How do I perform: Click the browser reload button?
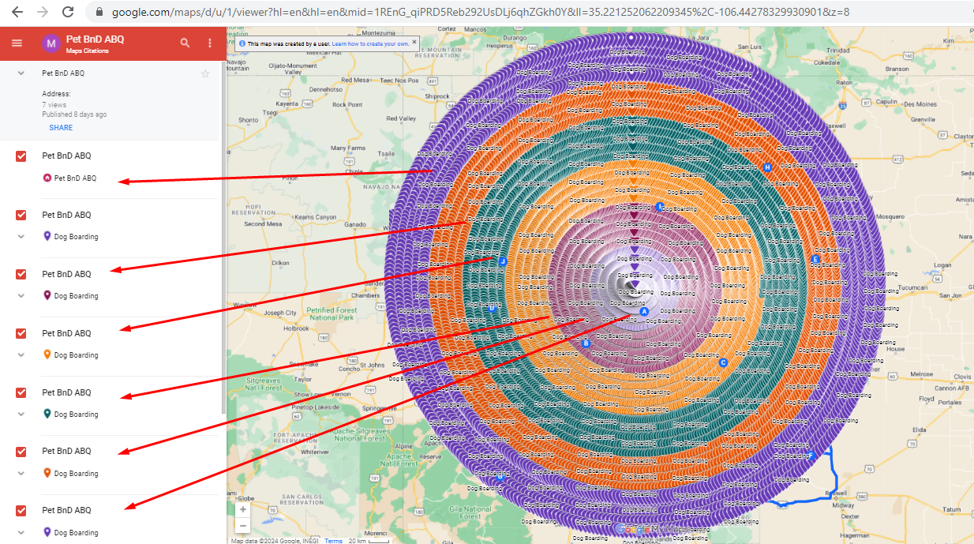point(68,12)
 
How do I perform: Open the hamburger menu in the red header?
point(17,43)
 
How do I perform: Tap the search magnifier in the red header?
point(185,43)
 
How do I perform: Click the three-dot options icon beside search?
point(210,43)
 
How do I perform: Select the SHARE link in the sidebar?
point(61,128)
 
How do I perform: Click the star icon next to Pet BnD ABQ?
point(205,73)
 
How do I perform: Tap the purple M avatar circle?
point(51,43)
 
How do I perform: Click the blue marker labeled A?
point(643,312)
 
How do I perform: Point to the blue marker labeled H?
point(766,167)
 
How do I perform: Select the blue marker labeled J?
point(502,260)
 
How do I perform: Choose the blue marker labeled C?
point(722,362)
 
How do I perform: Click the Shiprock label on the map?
point(436,96)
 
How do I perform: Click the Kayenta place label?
point(287,103)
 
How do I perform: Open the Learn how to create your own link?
point(370,44)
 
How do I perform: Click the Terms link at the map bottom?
point(333,541)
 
